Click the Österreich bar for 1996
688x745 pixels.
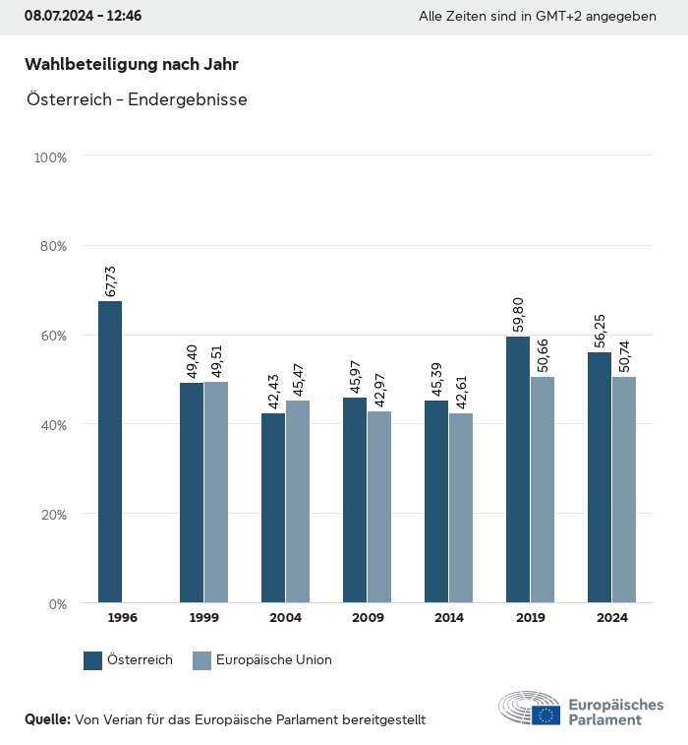coord(110,452)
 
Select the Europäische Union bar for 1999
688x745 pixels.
coord(216,492)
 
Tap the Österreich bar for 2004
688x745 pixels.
coord(273,508)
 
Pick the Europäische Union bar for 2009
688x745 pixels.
coord(379,507)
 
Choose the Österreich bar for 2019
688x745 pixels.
coord(518,469)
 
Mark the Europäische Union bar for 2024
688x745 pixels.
coord(624,489)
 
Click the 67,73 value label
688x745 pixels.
coord(111,280)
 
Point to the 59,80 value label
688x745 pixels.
coord(519,316)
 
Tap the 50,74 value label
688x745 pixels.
coord(625,356)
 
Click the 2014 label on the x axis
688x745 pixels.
coord(449,618)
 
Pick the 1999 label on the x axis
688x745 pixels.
coord(204,618)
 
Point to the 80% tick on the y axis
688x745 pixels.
coord(51,246)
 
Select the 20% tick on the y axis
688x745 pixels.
coord(51,514)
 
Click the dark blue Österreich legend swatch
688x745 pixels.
coord(93,660)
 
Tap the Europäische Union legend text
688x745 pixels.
coord(274,660)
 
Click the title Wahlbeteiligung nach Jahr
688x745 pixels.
coord(132,65)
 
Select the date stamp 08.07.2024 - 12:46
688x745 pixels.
coord(83,17)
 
